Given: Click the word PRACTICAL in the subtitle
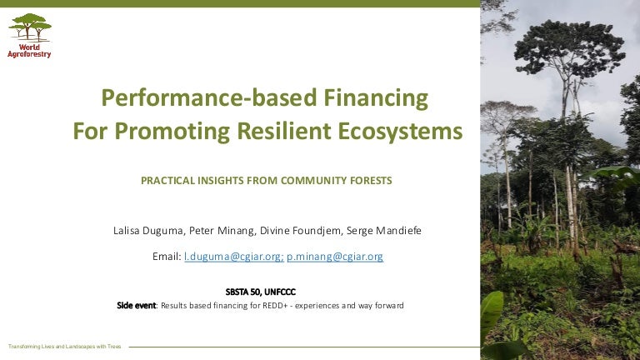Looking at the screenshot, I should [170, 180].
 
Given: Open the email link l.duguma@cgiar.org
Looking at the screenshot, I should [232, 257].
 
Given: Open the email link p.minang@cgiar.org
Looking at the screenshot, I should [335, 257].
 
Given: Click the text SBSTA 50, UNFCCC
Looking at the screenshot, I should [260, 292].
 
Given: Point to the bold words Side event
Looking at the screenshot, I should [136, 306].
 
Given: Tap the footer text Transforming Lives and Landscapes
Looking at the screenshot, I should [64, 346].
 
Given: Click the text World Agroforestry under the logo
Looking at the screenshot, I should [29, 51].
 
